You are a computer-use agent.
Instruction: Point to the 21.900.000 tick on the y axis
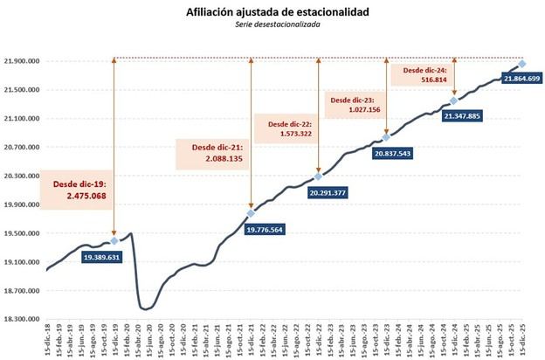[24, 61]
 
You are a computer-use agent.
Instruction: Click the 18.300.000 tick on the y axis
[24, 320]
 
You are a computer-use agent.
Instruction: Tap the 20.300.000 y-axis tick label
[24, 176]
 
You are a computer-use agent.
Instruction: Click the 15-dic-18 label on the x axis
[47, 341]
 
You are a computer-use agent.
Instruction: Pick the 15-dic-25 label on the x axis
[521, 341]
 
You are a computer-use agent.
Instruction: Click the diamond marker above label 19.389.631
[115, 240]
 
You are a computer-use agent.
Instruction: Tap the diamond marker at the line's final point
[521, 63]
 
